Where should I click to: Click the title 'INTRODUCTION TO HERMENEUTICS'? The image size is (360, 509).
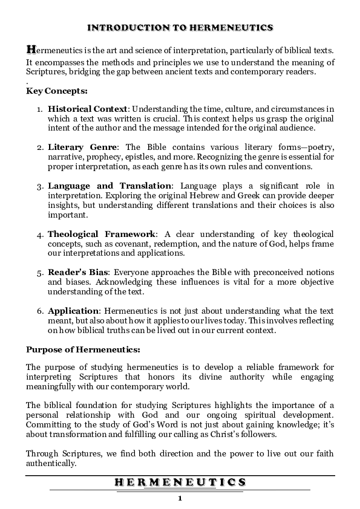tap(180, 28)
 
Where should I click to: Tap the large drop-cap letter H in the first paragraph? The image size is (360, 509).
tap(31, 48)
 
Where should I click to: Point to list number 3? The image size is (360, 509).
tap(39, 186)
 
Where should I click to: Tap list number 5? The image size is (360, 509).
tap(39, 273)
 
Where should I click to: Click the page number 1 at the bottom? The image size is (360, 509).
tap(180, 498)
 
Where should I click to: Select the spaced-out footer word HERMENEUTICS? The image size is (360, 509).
tap(180, 482)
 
